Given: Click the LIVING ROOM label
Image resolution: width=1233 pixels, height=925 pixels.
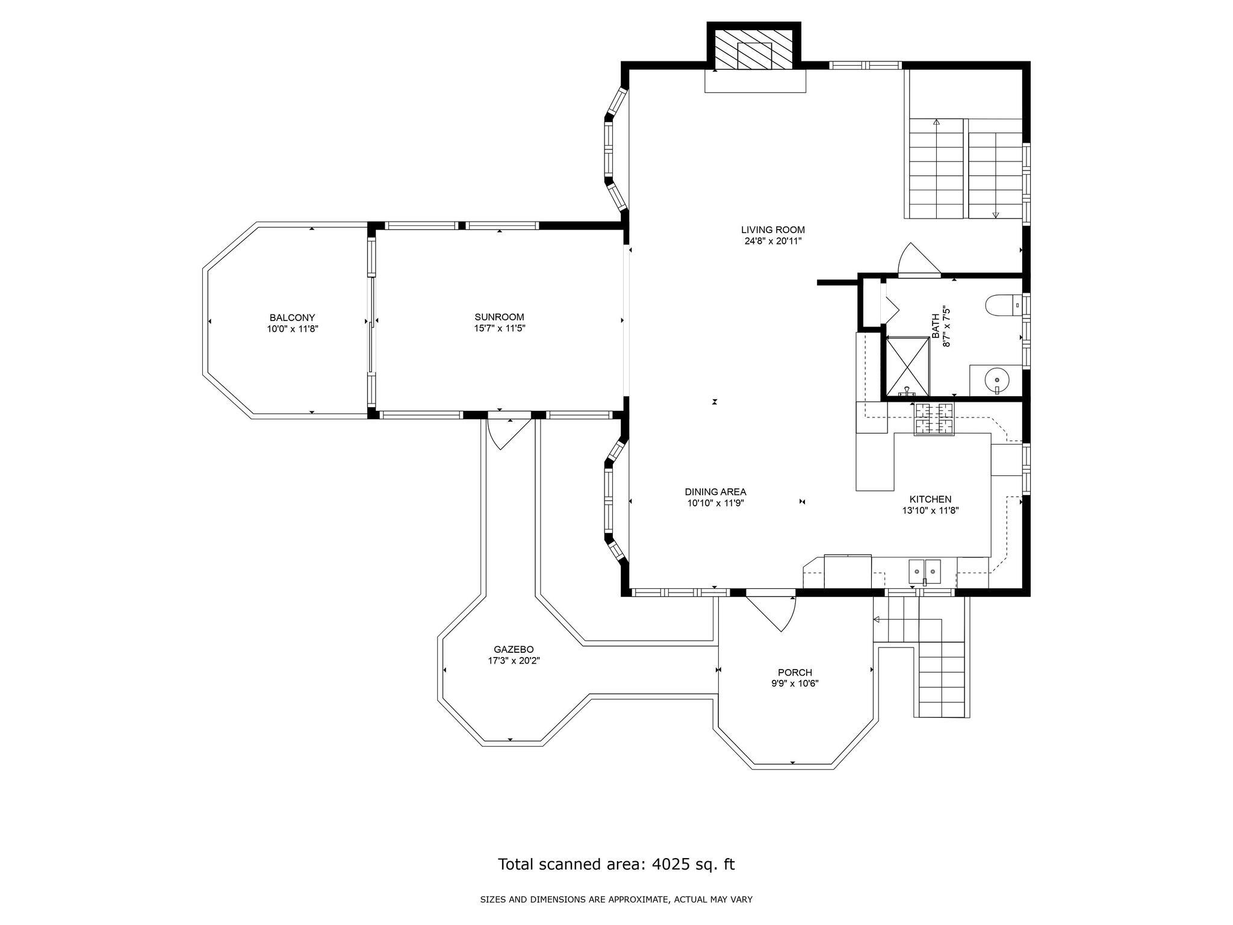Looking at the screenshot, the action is pyautogui.click(x=772, y=230).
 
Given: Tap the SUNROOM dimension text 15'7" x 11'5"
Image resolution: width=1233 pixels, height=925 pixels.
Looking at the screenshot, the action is pyautogui.click(x=499, y=329).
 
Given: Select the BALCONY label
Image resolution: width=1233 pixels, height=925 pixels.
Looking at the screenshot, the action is pyautogui.click(x=292, y=318).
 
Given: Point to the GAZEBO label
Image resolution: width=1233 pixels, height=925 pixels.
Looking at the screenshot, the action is pyautogui.click(x=514, y=649).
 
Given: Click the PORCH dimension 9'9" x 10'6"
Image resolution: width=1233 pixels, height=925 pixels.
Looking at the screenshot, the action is pyautogui.click(x=795, y=684).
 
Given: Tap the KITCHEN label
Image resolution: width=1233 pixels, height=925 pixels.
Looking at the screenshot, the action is pyautogui.click(x=930, y=499).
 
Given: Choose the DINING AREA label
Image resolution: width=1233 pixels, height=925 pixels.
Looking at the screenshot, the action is pyautogui.click(x=715, y=492).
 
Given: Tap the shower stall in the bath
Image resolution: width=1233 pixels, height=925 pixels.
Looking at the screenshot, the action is pyautogui.click(x=907, y=366).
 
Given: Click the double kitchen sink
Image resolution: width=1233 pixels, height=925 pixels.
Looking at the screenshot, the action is pyautogui.click(x=925, y=572).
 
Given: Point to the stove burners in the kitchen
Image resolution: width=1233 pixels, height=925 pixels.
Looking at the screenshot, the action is pyautogui.click(x=934, y=419).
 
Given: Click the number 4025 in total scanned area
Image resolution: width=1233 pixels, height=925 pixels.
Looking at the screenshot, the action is pyautogui.click(x=664, y=864).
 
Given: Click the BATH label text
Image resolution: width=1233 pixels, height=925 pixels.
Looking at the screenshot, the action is pyautogui.click(x=935, y=325).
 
